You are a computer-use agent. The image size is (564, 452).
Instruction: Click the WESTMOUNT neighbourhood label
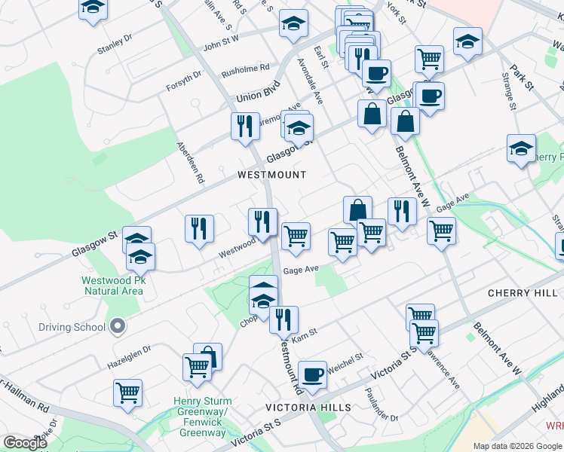click(271, 175)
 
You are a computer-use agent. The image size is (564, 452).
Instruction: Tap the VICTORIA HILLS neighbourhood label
click(308, 408)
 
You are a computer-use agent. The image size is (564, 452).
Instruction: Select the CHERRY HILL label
click(520, 292)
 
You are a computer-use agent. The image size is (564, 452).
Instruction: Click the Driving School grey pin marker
click(116, 327)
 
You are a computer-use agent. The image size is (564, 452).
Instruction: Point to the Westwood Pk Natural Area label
click(112, 286)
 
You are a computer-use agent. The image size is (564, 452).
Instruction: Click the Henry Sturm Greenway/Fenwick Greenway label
click(202, 417)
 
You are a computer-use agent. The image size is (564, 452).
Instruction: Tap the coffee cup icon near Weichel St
click(312, 374)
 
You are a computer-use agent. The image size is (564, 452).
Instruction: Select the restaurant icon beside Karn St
click(284, 319)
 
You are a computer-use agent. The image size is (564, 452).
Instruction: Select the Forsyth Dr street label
click(184, 81)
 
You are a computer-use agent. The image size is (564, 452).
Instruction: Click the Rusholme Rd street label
click(244, 71)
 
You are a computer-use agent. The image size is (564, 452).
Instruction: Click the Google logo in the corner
click(26, 443)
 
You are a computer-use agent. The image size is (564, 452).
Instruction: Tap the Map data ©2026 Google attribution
click(517, 446)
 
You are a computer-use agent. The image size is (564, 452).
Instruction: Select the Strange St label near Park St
click(509, 91)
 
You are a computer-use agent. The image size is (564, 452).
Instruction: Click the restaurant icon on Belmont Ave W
click(402, 211)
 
